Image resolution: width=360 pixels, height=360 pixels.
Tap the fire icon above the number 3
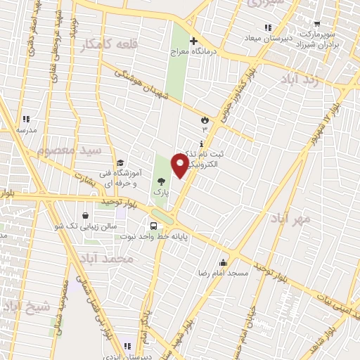tap(205, 120)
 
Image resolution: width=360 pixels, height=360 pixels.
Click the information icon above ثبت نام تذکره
tap(203, 143)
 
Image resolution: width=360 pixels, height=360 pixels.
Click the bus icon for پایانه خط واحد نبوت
tap(153, 226)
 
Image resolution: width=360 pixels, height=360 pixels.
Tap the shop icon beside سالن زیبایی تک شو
tap(85, 215)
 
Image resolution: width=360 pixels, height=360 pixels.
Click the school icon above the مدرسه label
tap(26, 120)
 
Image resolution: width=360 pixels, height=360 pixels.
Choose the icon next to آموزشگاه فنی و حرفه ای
tap(120, 162)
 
